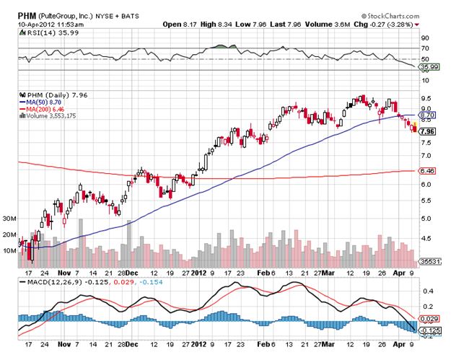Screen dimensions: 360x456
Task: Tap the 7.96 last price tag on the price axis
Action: [426, 132]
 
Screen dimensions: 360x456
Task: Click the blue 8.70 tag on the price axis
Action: [426, 114]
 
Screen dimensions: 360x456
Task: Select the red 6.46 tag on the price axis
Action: [426, 171]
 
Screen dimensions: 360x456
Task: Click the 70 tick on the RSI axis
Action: [424, 48]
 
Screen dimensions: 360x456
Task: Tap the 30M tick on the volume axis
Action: [10, 218]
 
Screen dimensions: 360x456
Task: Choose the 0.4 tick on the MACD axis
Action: [426, 291]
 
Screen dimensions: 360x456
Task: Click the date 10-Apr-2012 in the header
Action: [25, 15]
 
